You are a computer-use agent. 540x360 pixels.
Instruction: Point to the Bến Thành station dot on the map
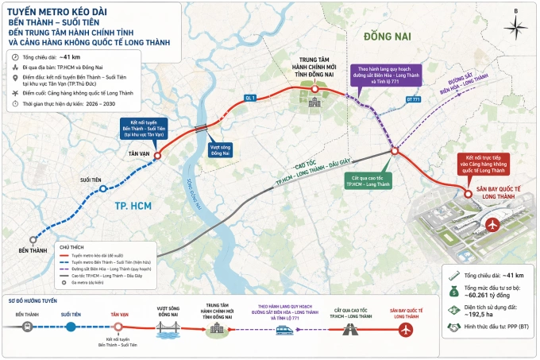(33, 238)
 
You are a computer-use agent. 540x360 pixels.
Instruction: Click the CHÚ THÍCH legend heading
(83, 247)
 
